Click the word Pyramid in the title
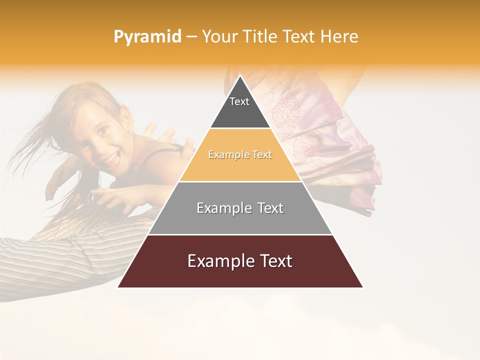[x=147, y=37]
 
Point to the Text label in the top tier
[x=239, y=101]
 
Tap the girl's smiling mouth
[x=110, y=159]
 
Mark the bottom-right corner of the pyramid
[x=363, y=287]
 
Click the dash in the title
[x=191, y=37]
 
